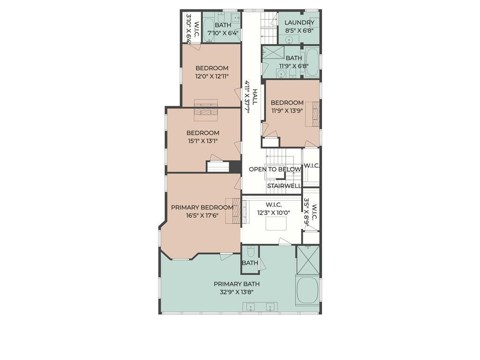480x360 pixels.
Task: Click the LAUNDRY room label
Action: click(299, 22)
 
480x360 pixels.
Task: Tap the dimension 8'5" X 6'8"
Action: click(299, 30)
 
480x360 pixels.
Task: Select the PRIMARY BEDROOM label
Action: click(202, 207)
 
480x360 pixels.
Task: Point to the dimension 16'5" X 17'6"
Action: click(202, 215)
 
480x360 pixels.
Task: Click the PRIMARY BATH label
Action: click(237, 284)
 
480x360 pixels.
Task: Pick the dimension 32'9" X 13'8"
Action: click(237, 292)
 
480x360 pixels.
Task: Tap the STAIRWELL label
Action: click(284, 186)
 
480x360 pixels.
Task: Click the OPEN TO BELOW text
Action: click(275, 169)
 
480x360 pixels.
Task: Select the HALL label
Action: click(255, 97)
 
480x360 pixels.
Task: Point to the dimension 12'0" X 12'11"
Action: click(212, 76)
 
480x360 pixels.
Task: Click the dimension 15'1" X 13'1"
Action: click(202, 141)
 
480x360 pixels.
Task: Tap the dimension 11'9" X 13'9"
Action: click(287, 111)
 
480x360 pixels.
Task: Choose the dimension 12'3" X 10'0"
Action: click(274, 213)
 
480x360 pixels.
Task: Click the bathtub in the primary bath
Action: click(307, 290)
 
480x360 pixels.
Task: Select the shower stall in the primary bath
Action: click(308, 260)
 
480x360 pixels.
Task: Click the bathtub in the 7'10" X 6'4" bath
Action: click(209, 30)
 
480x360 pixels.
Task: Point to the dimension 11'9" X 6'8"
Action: click(293, 66)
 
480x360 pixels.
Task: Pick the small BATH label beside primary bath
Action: click(250, 263)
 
